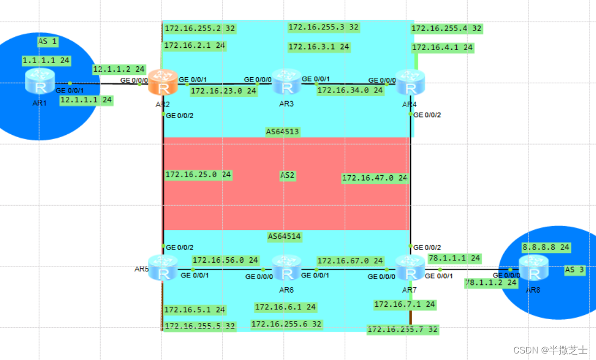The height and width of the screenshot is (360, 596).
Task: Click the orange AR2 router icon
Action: click(x=163, y=83)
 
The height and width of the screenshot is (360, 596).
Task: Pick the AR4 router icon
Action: click(x=410, y=83)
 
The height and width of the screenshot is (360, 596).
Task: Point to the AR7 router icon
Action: click(x=410, y=268)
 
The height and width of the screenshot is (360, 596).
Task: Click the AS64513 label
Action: click(x=283, y=132)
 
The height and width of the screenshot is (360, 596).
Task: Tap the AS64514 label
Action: click(x=284, y=237)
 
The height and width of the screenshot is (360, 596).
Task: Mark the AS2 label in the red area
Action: click(x=287, y=176)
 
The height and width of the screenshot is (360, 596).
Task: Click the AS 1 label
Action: click(x=47, y=41)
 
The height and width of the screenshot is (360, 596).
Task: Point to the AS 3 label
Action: click(x=575, y=270)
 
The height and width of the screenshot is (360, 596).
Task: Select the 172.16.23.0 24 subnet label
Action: click(x=223, y=91)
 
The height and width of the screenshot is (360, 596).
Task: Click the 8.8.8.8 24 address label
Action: click(x=545, y=247)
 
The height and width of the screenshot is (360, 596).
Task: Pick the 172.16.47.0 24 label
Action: click(x=375, y=178)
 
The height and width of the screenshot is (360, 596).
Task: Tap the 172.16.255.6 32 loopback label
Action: click(x=286, y=325)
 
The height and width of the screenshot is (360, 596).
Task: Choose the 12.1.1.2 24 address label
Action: click(x=119, y=69)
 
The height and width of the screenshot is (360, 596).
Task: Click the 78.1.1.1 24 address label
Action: click(x=454, y=258)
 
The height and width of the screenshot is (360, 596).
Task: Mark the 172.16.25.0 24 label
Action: click(x=198, y=175)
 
